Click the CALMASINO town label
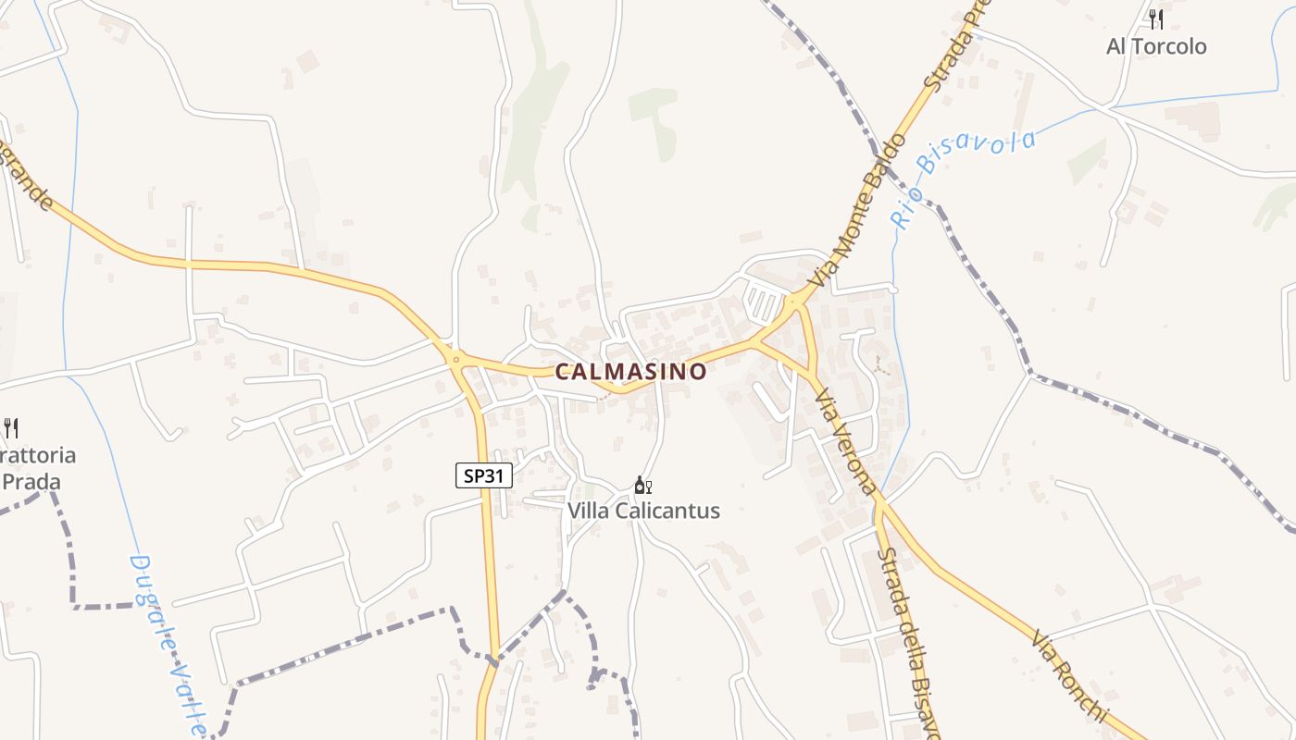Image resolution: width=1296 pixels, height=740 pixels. (x=630, y=372)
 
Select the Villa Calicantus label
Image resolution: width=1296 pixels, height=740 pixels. (x=643, y=511)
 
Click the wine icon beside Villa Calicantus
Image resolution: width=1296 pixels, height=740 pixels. (x=643, y=486)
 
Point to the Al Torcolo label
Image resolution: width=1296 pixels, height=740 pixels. (x=1156, y=46)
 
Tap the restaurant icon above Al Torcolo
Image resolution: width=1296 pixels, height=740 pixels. (x=1155, y=18)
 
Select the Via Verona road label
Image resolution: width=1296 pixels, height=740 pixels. (x=844, y=441)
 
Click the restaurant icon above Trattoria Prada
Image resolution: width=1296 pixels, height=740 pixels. (x=11, y=427)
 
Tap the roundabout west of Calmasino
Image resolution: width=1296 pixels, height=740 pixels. (x=454, y=357)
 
